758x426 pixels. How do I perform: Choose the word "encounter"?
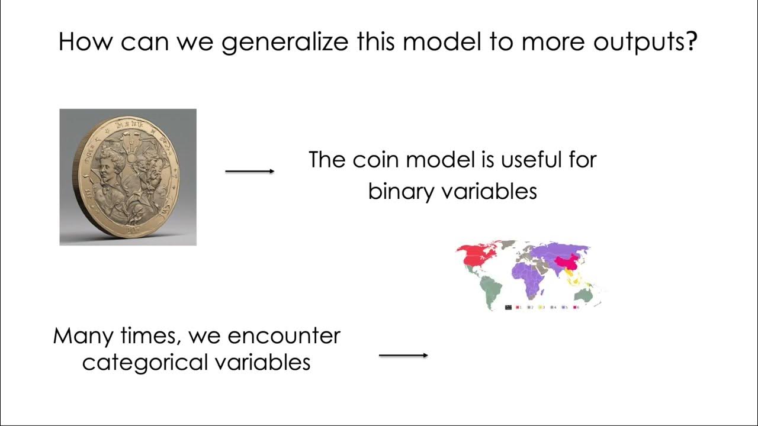coord(284,336)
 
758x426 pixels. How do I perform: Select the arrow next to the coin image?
coord(249,171)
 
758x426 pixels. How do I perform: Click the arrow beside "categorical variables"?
coord(403,355)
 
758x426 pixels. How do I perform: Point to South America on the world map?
coord(492,289)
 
